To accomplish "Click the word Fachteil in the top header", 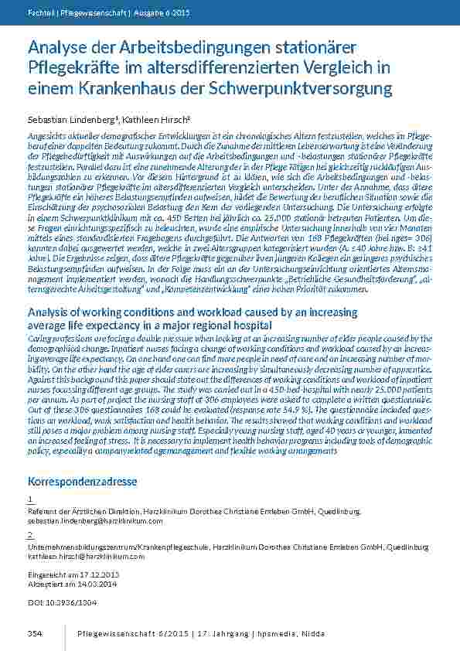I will pos(41,13).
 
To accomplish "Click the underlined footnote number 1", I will pos(29,500).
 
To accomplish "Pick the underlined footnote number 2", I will pos(29,535).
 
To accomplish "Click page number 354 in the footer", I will pos(34,634).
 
